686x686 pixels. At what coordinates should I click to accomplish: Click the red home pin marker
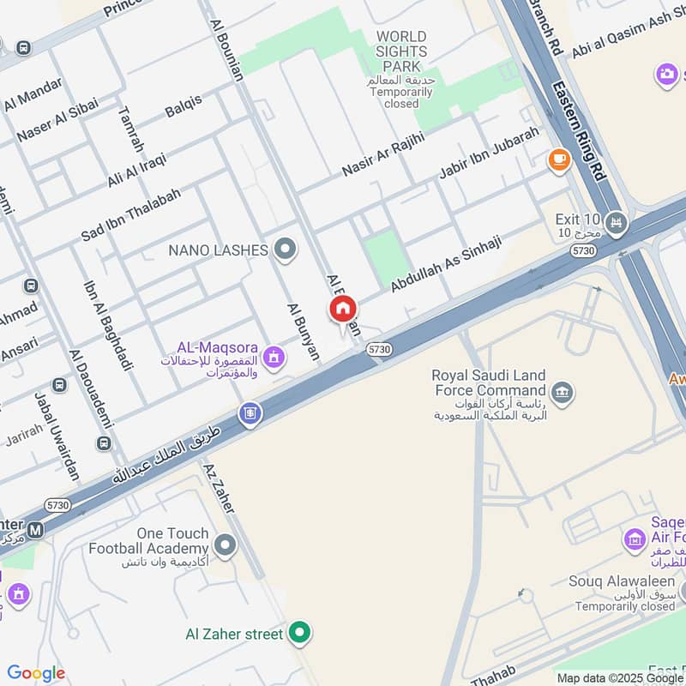click(x=343, y=310)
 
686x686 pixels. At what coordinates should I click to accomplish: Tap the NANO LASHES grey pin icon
click(x=286, y=250)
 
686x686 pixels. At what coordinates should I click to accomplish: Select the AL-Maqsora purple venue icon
click(x=274, y=356)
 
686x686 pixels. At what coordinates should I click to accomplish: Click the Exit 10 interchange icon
click(x=616, y=225)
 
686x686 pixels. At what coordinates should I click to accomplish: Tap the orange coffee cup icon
click(x=558, y=159)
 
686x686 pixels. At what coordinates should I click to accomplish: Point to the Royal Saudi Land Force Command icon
click(x=563, y=394)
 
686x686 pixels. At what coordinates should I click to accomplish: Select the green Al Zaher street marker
click(x=299, y=634)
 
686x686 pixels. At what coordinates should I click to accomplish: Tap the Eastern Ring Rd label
click(x=581, y=129)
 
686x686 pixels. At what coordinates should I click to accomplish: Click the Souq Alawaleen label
click(x=621, y=582)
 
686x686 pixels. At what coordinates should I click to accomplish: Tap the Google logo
click(x=36, y=673)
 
